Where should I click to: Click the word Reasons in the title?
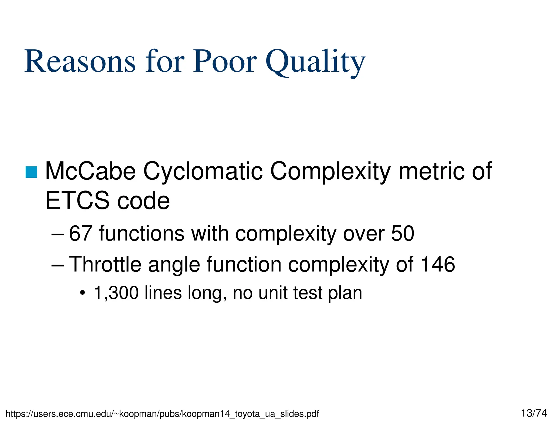tap(80, 62)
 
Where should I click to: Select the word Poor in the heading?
tap(225, 62)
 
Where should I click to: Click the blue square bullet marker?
tap(31, 172)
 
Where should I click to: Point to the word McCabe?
tap(90, 171)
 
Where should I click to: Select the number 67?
tap(80, 233)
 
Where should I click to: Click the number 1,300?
tap(116, 293)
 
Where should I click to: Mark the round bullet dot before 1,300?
tap(83, 293)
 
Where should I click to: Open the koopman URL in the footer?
tap(162, 414)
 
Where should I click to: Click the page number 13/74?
tap(534, 413)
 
